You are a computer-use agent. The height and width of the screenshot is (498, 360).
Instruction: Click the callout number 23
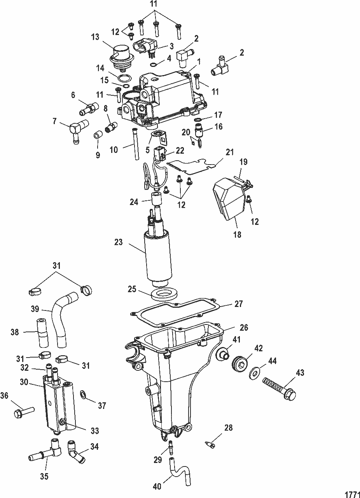point(118,242)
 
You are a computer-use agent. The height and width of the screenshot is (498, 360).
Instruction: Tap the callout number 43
point(300,373)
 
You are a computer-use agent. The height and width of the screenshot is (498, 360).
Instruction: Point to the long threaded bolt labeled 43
point(280,389)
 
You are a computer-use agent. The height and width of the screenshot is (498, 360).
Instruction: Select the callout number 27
point(238,304)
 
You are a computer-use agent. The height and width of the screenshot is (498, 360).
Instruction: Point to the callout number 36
point(4,396)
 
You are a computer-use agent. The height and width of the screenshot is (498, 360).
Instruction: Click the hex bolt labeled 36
point(24,412)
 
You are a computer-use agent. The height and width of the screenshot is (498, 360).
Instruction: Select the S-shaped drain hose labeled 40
point(179,463)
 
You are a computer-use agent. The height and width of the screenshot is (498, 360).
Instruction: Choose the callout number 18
point(238,234)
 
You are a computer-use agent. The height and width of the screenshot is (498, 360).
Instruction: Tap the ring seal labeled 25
point(164,295)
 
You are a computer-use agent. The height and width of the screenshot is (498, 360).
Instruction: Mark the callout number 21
point(229,152)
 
